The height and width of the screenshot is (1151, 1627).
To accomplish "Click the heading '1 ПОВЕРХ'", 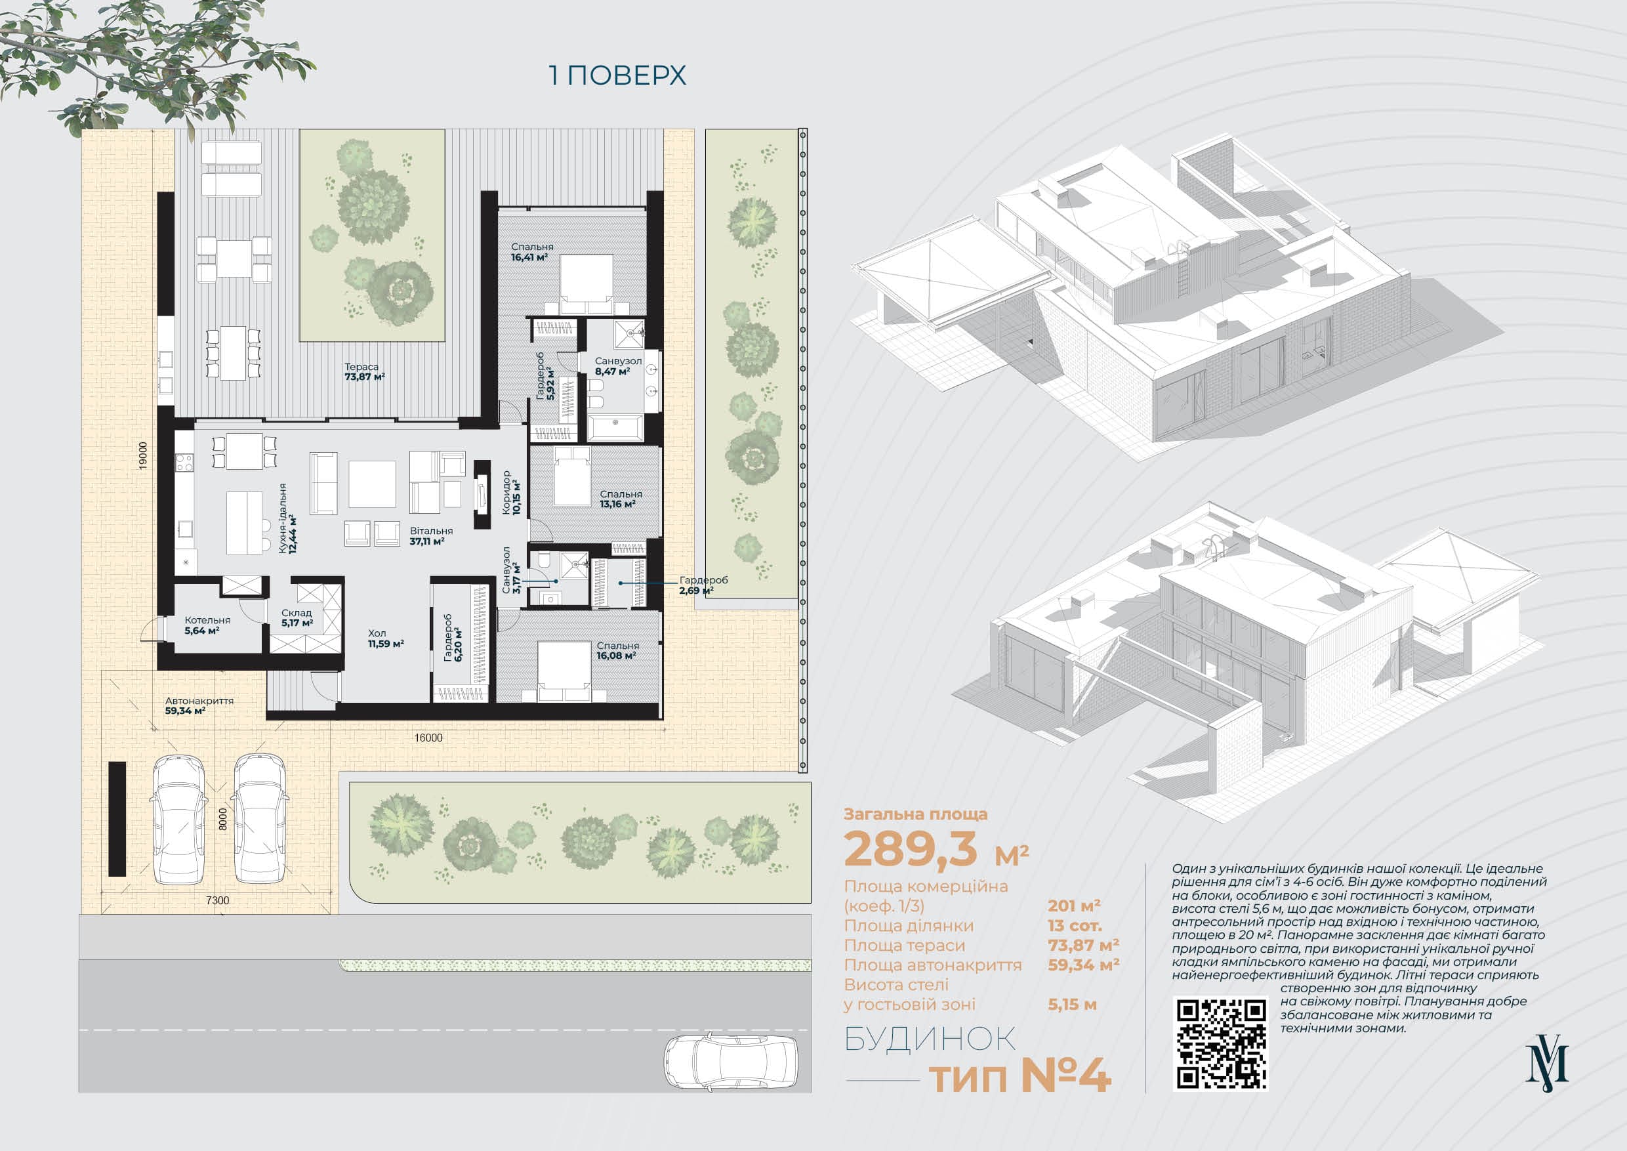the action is (617, 75).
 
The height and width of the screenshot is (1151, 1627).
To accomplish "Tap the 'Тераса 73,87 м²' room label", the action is (364, 372).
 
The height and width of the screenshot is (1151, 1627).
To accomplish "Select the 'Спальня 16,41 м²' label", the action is (532, 252).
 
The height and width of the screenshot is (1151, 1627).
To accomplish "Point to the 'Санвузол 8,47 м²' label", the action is (618, 366).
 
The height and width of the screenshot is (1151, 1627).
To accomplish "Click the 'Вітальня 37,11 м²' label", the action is (431, 537).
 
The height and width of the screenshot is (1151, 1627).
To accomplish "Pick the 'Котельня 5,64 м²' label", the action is (207, 625).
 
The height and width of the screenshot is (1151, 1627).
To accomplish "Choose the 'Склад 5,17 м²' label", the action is (297, 618).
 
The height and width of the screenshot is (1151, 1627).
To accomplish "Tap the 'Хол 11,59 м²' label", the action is (386, 638).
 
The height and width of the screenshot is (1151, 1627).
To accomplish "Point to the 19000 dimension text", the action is (143, 455).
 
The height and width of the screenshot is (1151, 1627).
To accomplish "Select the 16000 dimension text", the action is (428, 738).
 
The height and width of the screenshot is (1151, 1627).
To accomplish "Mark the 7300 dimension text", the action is (218, 901).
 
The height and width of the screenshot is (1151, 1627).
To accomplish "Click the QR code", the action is (1222, 1043).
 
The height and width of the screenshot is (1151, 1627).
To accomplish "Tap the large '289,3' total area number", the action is (911, 849).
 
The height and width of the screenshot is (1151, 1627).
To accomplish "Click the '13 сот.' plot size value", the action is (1075, 926).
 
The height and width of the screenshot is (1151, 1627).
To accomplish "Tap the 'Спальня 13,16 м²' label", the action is (621, 499).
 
